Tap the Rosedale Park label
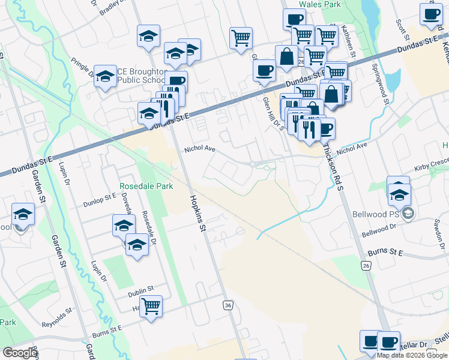146,186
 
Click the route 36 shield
228,305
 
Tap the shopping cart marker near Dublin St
152,307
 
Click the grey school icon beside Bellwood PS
408,213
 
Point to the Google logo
20,353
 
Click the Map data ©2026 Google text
412,355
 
